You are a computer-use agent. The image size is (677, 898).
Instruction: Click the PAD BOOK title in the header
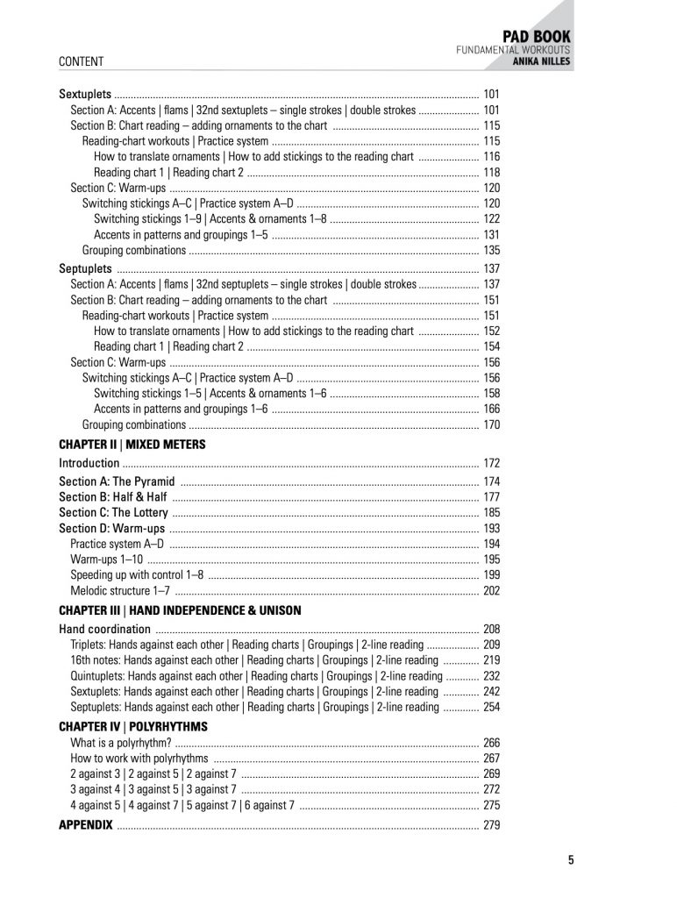536,36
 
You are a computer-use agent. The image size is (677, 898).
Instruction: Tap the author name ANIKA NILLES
541,62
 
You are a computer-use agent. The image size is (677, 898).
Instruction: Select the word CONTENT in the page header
81,62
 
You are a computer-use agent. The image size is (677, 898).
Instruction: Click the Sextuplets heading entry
85,93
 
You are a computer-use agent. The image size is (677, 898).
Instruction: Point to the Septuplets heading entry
85,268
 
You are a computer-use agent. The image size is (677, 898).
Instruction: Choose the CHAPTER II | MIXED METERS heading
132,445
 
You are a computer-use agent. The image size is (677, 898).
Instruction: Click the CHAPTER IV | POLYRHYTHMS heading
132,727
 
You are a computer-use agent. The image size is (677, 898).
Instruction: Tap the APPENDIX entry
86,825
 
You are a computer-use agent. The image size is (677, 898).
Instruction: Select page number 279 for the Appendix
491,825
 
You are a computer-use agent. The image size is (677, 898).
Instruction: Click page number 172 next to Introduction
491,463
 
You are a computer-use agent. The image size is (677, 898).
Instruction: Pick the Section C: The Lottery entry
112,513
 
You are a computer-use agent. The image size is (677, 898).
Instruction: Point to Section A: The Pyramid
117,481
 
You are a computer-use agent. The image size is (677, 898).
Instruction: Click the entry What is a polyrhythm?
120,743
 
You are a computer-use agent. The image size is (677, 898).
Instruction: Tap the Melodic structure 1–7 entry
120,591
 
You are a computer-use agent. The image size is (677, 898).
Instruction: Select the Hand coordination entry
104,629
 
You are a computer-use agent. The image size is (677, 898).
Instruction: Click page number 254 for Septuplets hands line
491,707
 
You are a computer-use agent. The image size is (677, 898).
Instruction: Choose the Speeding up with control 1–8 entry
137,575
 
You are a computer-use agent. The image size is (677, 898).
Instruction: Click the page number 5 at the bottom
571,860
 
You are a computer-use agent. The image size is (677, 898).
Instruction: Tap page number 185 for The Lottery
491,513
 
